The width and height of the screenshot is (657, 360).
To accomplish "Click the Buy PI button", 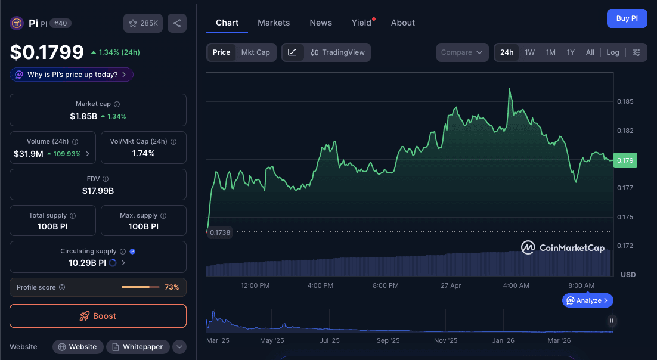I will (x=627, y=18).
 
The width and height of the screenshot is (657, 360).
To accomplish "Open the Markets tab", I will (x=274, y=23).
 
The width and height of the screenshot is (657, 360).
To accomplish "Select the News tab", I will (x=321, y=23).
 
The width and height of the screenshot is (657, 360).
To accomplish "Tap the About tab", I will (x=403, y=23).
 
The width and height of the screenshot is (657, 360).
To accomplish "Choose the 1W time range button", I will (x=529, y=52).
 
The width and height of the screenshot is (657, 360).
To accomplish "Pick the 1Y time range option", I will (x=571, y=52).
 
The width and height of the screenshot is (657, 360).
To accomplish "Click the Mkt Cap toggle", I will (x=255, y=52).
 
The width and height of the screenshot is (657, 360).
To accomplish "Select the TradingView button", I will (x=337, y=52).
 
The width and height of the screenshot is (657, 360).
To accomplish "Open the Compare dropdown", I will (x=462, y=52).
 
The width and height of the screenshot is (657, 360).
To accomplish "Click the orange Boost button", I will (x=98, y=316).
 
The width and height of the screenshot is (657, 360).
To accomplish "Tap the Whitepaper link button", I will (x=138, y=347).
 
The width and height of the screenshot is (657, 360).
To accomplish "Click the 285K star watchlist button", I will (x=143, y=23).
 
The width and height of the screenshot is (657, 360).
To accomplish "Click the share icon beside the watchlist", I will (x=177, y=23).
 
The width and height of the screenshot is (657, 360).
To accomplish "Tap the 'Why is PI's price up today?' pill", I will (x=72, y=75).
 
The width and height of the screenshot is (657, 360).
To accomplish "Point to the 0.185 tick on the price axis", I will (x=625, y=101).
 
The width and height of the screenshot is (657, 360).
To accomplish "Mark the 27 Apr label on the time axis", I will (x=451, y=285).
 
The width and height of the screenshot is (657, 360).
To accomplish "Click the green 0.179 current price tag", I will (x=625, y=160).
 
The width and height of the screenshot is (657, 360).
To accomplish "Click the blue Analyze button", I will (x=587, y=300).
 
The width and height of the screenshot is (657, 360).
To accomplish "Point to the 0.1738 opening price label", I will (x=220, y=232).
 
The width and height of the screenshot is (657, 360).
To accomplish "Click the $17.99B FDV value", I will (x=98, y=191).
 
